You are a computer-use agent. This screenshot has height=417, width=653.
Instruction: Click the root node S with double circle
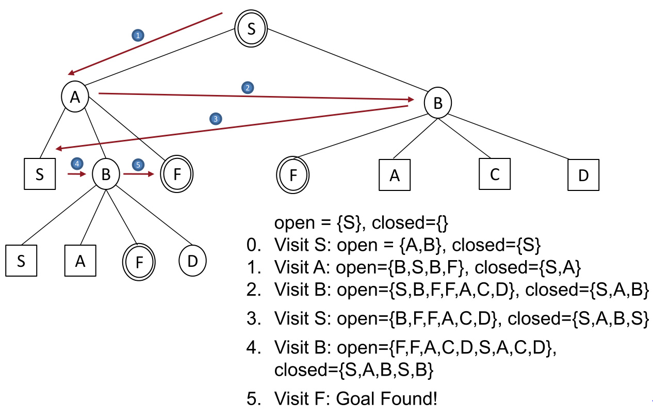click(x=251, y=28)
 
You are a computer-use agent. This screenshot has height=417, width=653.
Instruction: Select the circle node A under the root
click(x=75, y=97)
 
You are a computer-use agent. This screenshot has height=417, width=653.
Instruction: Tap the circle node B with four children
click(x=437, y=103)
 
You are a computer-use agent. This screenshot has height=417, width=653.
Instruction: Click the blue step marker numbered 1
click(x=137, y=36)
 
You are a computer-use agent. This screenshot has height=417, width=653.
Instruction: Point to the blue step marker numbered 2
click(x=248, y=88)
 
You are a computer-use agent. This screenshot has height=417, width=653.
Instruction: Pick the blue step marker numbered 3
click(x=216, y=119)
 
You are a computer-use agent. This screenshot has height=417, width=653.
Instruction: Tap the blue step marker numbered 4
click(x=77, y=164)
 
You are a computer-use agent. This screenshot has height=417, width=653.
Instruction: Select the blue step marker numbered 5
click(x=137, y=165)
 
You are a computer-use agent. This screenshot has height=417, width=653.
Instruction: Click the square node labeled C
click(x=494, y=174)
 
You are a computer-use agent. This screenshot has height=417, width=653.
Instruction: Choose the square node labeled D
click(x=583, y=175)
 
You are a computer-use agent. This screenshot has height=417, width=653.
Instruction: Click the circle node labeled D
click(x=192, y=261)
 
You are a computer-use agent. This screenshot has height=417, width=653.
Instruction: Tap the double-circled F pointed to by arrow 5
click(x=177, y=174)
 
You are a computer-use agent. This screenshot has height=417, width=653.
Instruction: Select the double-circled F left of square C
click(x=293, y=175)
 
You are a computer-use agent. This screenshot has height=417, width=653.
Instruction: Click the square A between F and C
click(x=395, y=175)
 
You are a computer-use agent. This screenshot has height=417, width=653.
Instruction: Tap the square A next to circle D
click(x=80, y=261)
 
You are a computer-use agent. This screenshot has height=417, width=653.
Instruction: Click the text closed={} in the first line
click(x=411, y=223)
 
